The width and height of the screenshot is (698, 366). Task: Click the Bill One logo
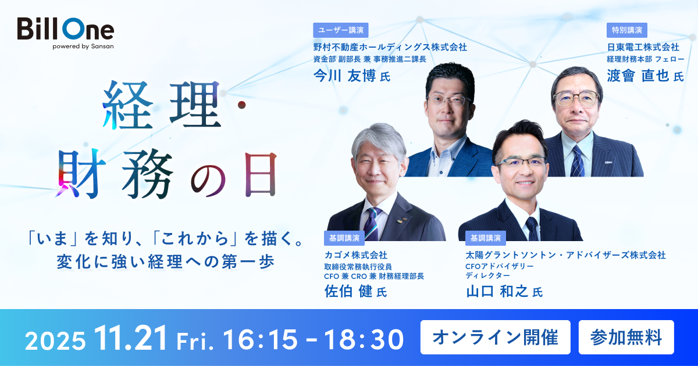(x=65, y=29)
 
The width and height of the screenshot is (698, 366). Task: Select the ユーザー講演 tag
(x=341, y=30)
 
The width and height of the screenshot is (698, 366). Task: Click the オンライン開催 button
(x=496, y=337)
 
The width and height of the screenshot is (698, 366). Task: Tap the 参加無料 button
(x=626, y=337)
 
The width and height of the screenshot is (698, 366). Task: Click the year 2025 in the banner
(x=55, y=339)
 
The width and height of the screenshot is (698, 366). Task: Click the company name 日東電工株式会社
(x=643, y=46)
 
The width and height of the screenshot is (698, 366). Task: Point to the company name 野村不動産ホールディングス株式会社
(x=390, y=46)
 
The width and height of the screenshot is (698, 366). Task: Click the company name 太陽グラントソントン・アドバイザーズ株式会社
(x=565, y=254)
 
